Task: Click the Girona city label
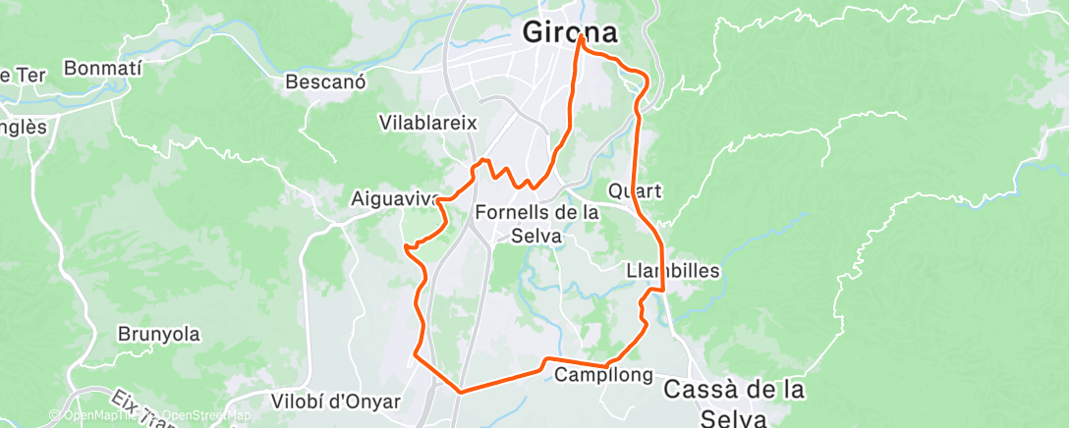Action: [x=570, y=32]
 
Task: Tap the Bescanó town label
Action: [x=325, y=82]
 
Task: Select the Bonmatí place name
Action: [x=102, y=69]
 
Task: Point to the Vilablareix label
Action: [x=427, y=124]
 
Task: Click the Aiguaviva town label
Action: [x=394, y=198]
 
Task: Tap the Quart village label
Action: [x=635, y=190]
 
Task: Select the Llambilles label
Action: [x=673, y=270]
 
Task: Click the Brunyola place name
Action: [x=158, y=334]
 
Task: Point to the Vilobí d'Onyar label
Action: [x=335, y=401]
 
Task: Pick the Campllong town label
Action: [x=604, y=375]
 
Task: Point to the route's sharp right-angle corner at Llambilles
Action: [x=664, y=291]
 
